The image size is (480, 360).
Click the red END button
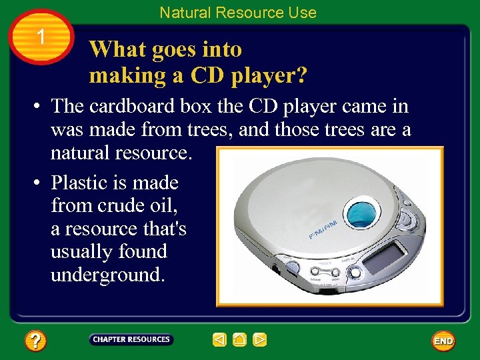443,341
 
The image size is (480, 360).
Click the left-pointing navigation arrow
219,340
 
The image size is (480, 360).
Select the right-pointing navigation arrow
260,340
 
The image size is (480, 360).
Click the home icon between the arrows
240,340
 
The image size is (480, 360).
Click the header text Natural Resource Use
238,12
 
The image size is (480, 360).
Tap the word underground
107,275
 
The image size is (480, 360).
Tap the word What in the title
116,49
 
